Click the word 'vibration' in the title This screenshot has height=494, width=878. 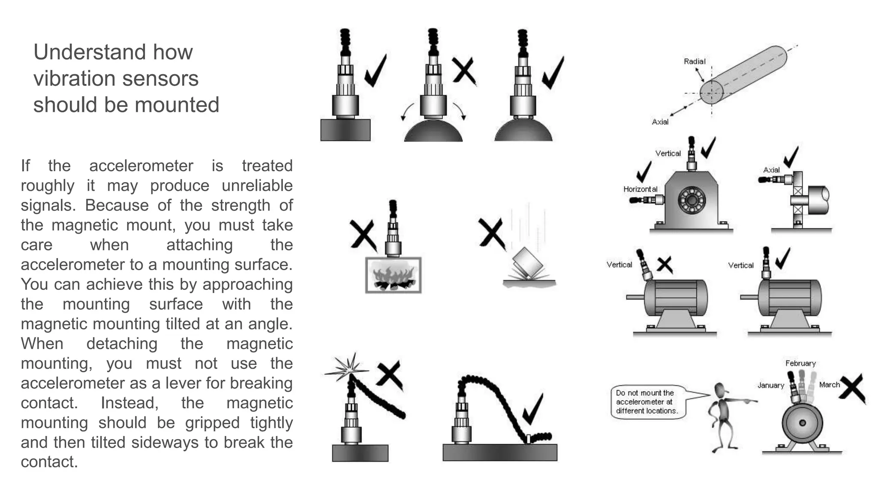pyautogui.click(x=69, y=78)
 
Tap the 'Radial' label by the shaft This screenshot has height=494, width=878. pyautogui.click(x=694, y=61)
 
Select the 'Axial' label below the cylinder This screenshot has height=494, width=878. pyautogui.click(x=660, y=122)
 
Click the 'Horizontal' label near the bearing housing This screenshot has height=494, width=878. pyautogui.click(x=640, y=189)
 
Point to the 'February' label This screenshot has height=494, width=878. pyautogui.click(x=800, y=363)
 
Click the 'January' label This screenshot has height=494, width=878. pyautogui.click(x=770, y=385)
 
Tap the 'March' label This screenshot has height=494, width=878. pyautogui.click(x=829, y=385)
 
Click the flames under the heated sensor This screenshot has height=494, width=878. pyautogui.click(x=393, y=277)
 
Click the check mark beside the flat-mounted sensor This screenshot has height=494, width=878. pyautogui.click(x=376, y=71)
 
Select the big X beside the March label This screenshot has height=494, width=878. pyautogui.click(x=852, y=388)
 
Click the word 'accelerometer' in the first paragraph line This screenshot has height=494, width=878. pyautogui.click(x=141, y=166)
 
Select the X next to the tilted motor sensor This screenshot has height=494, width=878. pyautogui.click(x=665, y=265)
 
